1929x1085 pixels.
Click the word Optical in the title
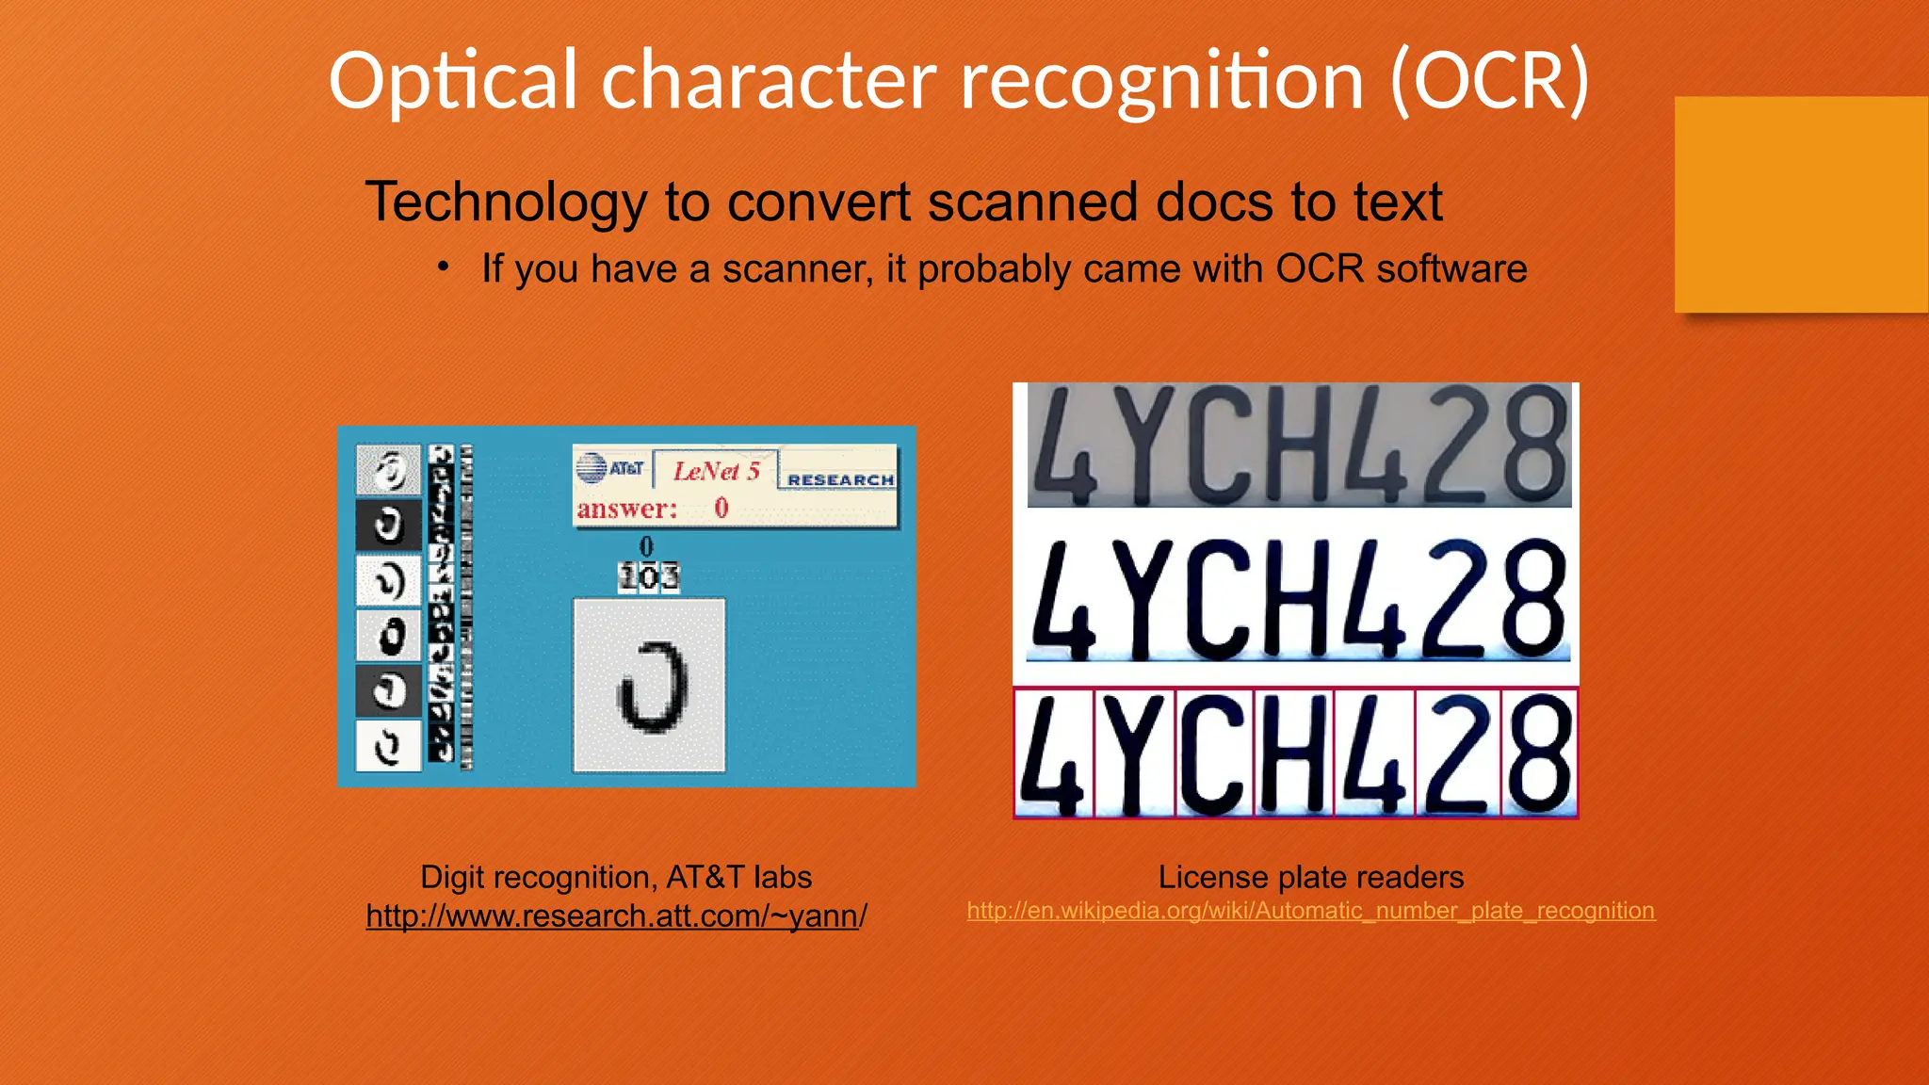[452, 83]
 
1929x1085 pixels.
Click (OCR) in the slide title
[1490, 83]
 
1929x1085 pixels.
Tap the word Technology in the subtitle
[506, 202]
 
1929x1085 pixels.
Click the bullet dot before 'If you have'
[443, 267]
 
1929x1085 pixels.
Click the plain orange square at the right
[1801, 203]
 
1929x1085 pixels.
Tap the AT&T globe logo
[592, 468]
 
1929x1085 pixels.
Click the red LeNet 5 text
[716, 471]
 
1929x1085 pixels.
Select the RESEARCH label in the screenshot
[840, 479]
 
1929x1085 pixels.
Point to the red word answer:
[627, 510]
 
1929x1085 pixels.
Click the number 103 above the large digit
[648, 576]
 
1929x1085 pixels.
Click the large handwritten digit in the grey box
[650, 686]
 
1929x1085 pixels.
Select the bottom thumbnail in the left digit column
[388, 747]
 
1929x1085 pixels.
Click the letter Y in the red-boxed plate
[1134, 753]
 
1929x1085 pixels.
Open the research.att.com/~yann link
[616, 915]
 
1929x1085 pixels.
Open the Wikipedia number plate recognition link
[1310, 911]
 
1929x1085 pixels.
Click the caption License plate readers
[1310, 877]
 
